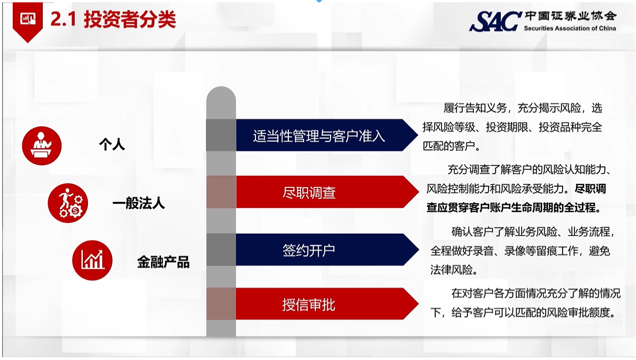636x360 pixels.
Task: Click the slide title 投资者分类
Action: tap(130, 19)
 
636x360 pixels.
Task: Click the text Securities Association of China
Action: tap(570, 28)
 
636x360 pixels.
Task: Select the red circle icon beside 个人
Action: tap(42, 146)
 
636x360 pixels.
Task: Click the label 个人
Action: tap(112, 144)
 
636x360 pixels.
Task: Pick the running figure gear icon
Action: tap(68, 203)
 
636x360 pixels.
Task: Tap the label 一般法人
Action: tap(139, 203)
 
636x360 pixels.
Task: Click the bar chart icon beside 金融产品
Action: tap(92, 260)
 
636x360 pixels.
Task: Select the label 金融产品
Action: tap(163, 263)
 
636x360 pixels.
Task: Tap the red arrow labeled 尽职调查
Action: tap(327, 192)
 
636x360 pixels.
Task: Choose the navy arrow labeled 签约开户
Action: tap(327, 250)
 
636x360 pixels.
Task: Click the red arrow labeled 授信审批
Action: tap(327, 304)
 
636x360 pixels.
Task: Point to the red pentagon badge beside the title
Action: tap(28, 21)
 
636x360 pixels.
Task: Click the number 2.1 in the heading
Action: tap(63, 19)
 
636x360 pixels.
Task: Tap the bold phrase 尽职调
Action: tap(591, 189)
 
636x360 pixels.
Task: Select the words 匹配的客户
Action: tap(449, 146)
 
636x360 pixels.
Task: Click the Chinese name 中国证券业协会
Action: tap(570, 16)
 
